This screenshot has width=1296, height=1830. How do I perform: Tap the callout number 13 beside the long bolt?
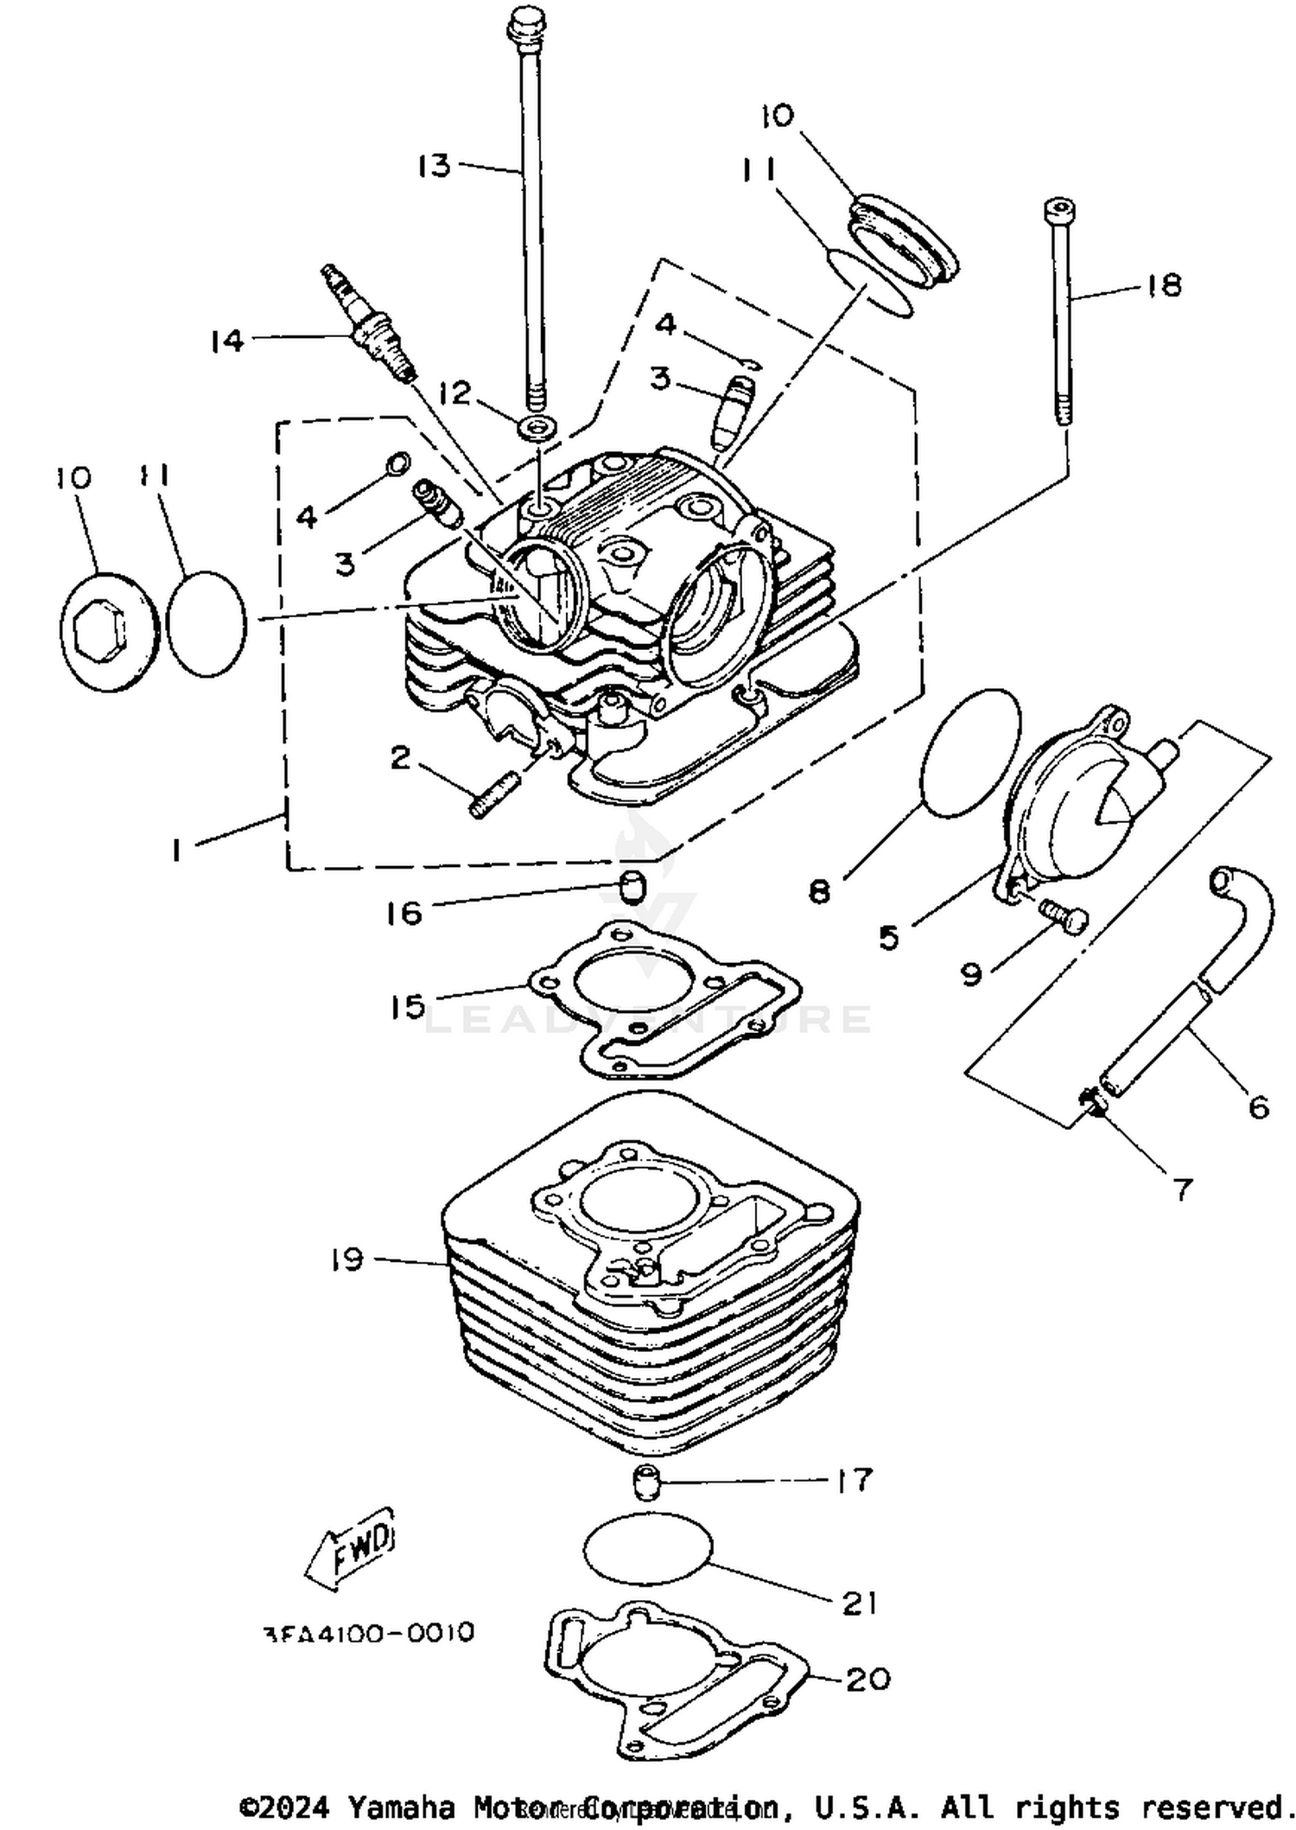coord(434,165)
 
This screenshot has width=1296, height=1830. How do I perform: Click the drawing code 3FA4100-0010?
coord(368,1632)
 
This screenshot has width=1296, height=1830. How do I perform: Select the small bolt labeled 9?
coord(1064,918)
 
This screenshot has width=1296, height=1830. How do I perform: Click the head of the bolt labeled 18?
coord(1059,211)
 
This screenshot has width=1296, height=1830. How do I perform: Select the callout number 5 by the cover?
coord(888,937)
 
